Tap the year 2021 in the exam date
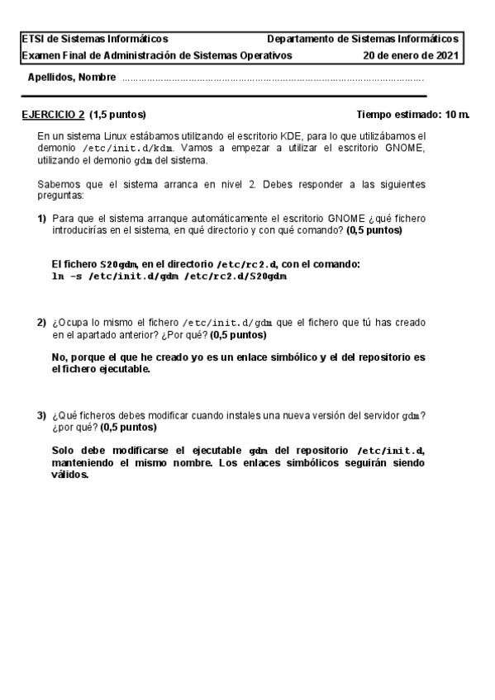coord(445,55)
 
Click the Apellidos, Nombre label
coord(71,78)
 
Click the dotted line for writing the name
coord(273,80)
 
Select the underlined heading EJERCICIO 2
coord(53,114)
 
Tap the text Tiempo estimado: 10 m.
coord(412,114)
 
